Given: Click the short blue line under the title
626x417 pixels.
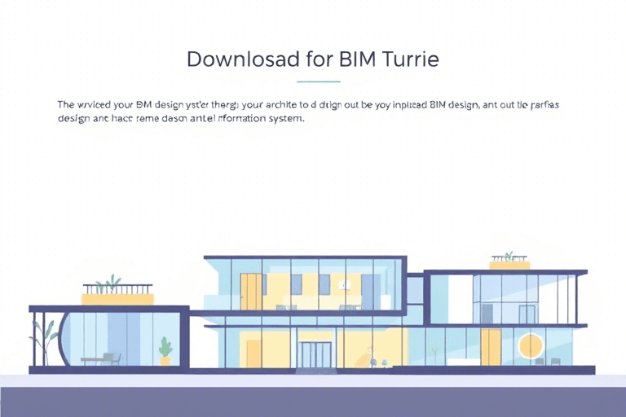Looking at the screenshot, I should [x=319, y=81].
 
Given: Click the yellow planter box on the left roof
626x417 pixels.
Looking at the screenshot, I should [x=117, y=299].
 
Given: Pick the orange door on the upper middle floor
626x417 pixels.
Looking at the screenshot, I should [x=251, y=292].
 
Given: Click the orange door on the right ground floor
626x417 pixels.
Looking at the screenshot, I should [x=491, y=347].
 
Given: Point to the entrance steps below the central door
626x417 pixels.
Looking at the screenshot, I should [x=315, y=371].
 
